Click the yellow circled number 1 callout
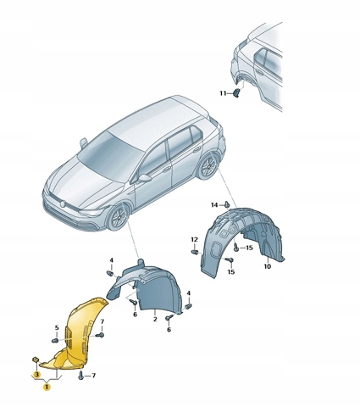click(47, 387)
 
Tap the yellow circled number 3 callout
click(36, 375)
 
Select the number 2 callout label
click(155, 320)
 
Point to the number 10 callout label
click(268, 266)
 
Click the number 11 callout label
click(223, 93)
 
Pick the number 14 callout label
click(214, 204)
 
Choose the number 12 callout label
click(194, 240)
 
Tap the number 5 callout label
click(57, 328)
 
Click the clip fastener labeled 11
click(236, 92)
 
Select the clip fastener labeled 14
click(227, 204)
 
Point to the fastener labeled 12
click(195, 252)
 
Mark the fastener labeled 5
click(55, 341)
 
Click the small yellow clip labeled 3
click(36, 360)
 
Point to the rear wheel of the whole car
click(208, 166)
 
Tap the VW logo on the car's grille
click(63, 203)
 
